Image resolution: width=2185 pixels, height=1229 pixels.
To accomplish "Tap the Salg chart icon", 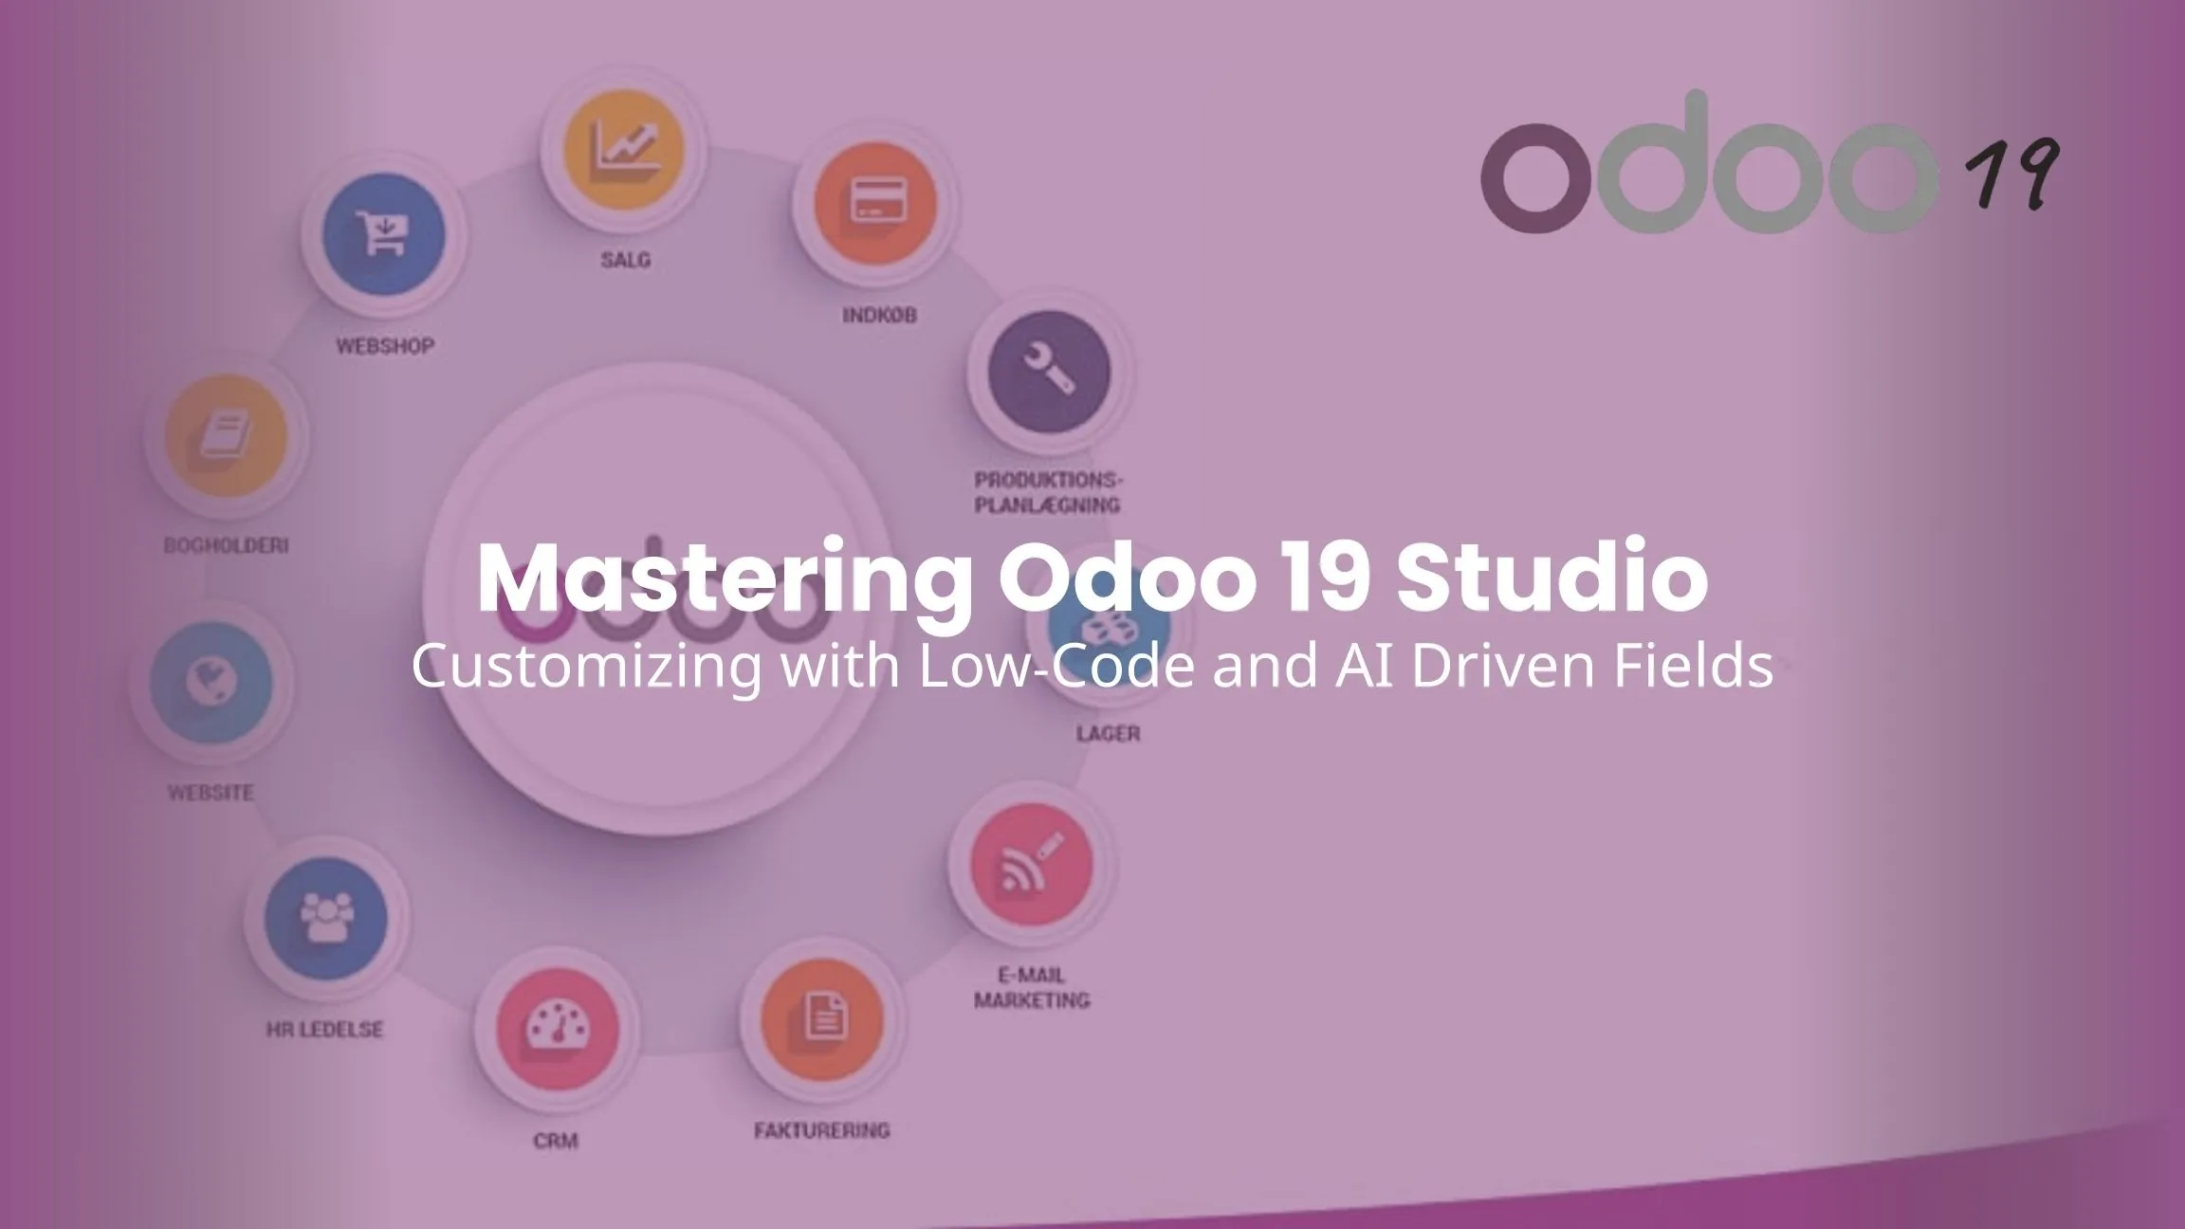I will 623,150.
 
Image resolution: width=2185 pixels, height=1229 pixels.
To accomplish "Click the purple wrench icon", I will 1049,371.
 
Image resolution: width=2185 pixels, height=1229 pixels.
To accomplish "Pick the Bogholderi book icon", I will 226,436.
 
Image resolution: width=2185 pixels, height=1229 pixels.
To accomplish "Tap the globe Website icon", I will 211,683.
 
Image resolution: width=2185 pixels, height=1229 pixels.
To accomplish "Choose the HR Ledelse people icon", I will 325,918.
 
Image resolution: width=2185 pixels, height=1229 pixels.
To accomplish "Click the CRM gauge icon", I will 557,1030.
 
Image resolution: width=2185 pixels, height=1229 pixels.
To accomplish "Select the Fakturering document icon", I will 822,1019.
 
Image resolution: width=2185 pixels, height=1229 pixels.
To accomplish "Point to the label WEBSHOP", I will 385,346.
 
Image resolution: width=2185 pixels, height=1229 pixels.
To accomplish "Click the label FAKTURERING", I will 822,1130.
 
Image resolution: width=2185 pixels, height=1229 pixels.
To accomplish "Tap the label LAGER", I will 1108,733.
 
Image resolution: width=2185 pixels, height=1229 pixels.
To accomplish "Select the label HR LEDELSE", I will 324,1029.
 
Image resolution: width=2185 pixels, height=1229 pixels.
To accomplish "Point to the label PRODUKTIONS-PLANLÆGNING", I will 1048,492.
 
